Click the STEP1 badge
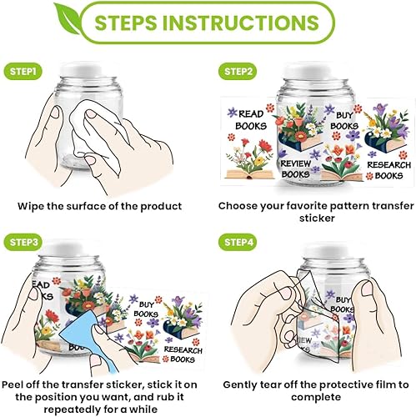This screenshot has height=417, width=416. tap(23, 72)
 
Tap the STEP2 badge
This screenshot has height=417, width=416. tap(238, 72)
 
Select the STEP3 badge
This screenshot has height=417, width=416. tap(23, 242)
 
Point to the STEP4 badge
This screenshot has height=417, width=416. tap(238, 242)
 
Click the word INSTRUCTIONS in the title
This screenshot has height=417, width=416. tap(241, 23)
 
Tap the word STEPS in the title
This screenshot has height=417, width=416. tap(126, 23)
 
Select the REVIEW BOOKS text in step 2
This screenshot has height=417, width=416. tap(295, 168)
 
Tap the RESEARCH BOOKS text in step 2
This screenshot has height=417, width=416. tap(388, 170)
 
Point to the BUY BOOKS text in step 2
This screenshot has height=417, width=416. tap(344, 121)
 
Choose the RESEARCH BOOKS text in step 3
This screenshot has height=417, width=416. tap(183, 354)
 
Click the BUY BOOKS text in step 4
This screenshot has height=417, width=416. tap(342, 304)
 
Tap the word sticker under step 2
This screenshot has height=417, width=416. tap(317, 219)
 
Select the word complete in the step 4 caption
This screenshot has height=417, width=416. tap(316, 397)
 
